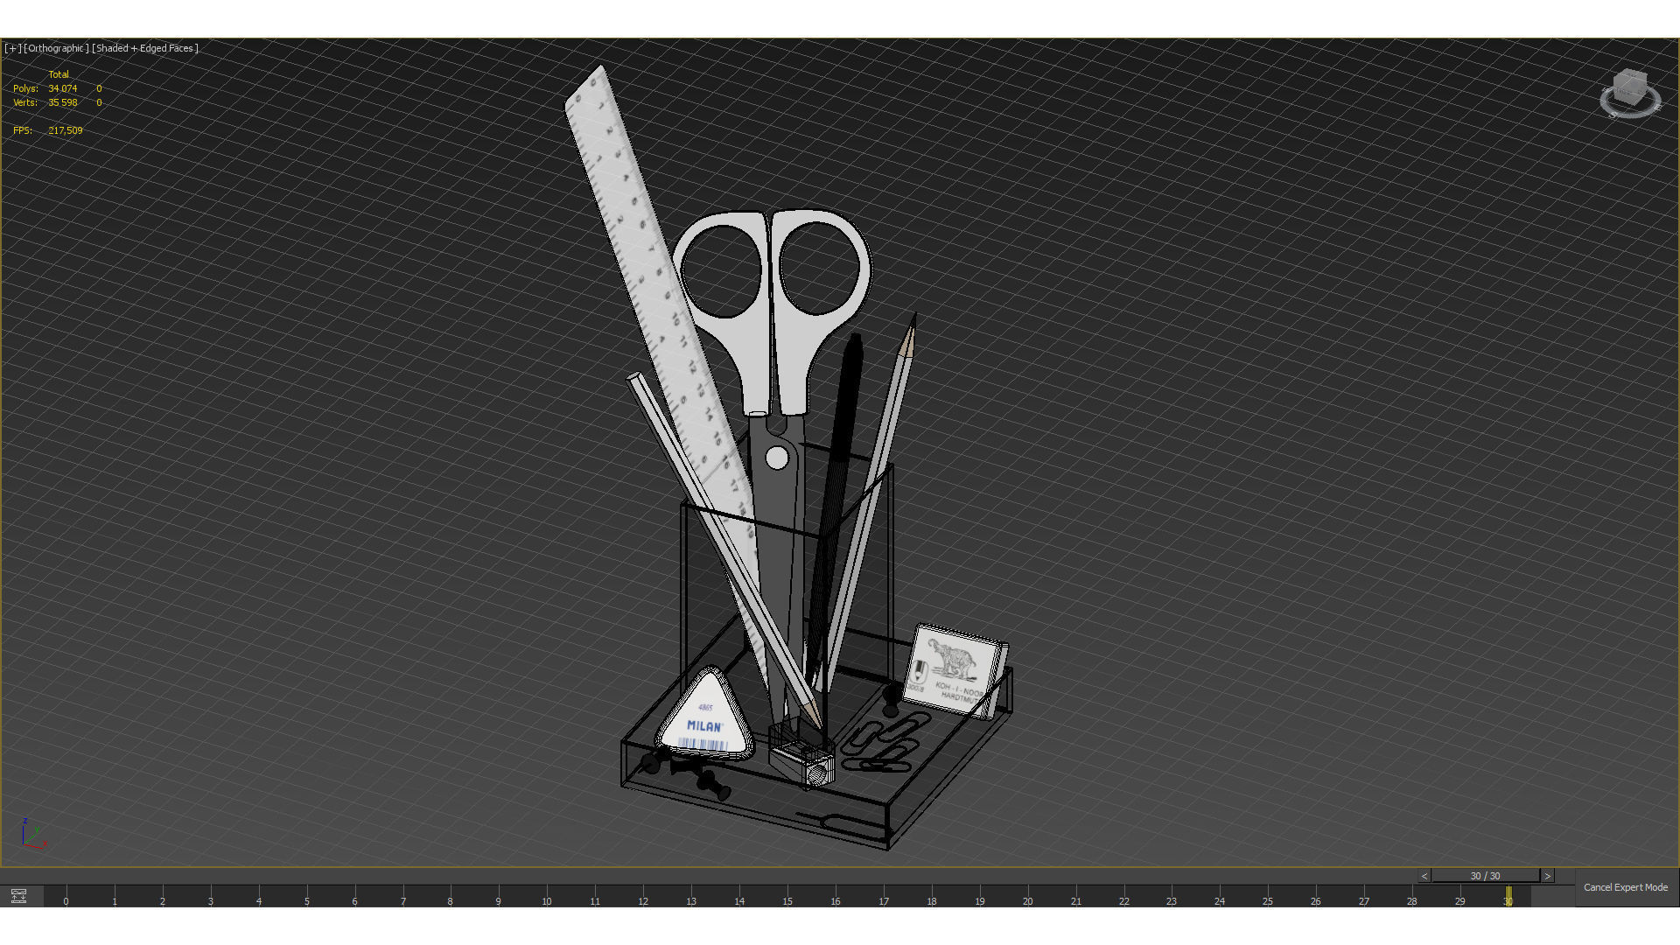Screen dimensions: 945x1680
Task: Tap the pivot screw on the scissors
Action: click(776, 457)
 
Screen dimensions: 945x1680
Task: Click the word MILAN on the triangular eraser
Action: click(704, 725)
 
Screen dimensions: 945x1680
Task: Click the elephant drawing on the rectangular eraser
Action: click(952, 657)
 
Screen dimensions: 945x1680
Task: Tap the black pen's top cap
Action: click(854, 343)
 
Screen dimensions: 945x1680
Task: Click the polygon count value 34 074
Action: click(63, 88)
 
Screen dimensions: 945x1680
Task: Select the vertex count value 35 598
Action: click(63, 102)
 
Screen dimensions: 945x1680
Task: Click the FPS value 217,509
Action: click(66, 130)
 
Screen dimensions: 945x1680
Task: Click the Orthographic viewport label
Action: click(56, 48)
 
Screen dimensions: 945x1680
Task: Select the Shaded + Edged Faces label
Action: click(145, 48)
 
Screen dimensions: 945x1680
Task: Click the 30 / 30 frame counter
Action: click(1485, 876)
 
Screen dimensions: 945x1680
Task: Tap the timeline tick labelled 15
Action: click(787, 900)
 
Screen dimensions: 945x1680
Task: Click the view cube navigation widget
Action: click(1629, 93)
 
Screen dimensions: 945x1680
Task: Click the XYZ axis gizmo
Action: click(33, 836)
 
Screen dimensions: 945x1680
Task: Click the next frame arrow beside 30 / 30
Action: click(1547, 876)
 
